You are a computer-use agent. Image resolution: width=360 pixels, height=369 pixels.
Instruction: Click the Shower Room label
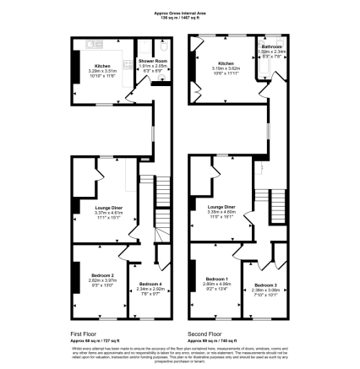[x=153, y=62]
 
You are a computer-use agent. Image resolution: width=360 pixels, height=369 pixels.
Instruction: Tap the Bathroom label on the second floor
[x=271, y=46]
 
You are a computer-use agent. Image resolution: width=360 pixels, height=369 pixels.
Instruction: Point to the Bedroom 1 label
[x=216, y=279]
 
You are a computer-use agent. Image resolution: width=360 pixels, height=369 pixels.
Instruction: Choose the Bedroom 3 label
[x=265, y=285]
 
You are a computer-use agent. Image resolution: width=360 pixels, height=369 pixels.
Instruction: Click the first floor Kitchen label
[x=101, y=66]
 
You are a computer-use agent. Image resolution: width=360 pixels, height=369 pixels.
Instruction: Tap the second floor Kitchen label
[x=226, y=63]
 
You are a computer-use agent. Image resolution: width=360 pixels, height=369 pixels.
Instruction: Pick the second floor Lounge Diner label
[x=221, y=206]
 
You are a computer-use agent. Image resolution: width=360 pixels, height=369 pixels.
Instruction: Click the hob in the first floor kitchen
[x=77, y=64]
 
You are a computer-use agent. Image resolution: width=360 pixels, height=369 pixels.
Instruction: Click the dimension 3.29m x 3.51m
[x=101, y=71]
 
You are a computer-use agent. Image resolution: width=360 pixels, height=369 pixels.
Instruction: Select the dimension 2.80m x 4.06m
[x=216, y=284]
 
